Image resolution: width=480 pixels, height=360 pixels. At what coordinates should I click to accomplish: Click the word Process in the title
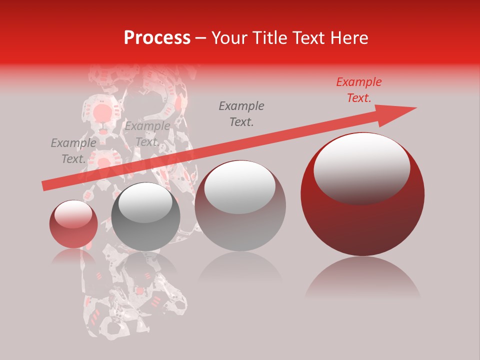(157, 38)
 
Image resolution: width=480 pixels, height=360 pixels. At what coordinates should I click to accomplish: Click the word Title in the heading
(267, 38)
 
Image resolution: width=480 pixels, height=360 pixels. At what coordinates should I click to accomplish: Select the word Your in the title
(229, 38)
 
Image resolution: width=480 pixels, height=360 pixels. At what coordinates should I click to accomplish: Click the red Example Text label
(358, 90)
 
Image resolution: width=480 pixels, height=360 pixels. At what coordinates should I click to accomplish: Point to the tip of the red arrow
(416, 107)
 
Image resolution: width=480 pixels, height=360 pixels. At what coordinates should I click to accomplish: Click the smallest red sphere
(73, 224)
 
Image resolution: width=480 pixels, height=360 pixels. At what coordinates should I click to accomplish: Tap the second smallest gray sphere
(145, 216)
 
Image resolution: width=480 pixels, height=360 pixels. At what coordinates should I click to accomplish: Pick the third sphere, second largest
(240, 205)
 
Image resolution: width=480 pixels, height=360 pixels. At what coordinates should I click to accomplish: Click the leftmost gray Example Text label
(73, 151)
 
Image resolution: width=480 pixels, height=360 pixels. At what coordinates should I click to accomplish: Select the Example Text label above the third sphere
(241, 114)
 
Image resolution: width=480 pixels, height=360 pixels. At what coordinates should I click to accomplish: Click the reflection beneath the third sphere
(240, 270)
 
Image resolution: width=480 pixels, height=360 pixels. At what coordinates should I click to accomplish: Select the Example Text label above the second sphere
(147, 134)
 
